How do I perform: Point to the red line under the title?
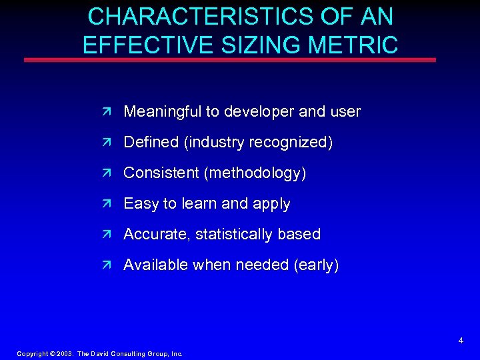tap(230, 60)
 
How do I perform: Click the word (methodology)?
tap(256, 173)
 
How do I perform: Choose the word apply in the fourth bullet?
tap(271, 203)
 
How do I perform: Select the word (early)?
tap(316, 265)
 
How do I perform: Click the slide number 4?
tap(461, 341)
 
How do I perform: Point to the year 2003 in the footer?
tap(64, 353)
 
